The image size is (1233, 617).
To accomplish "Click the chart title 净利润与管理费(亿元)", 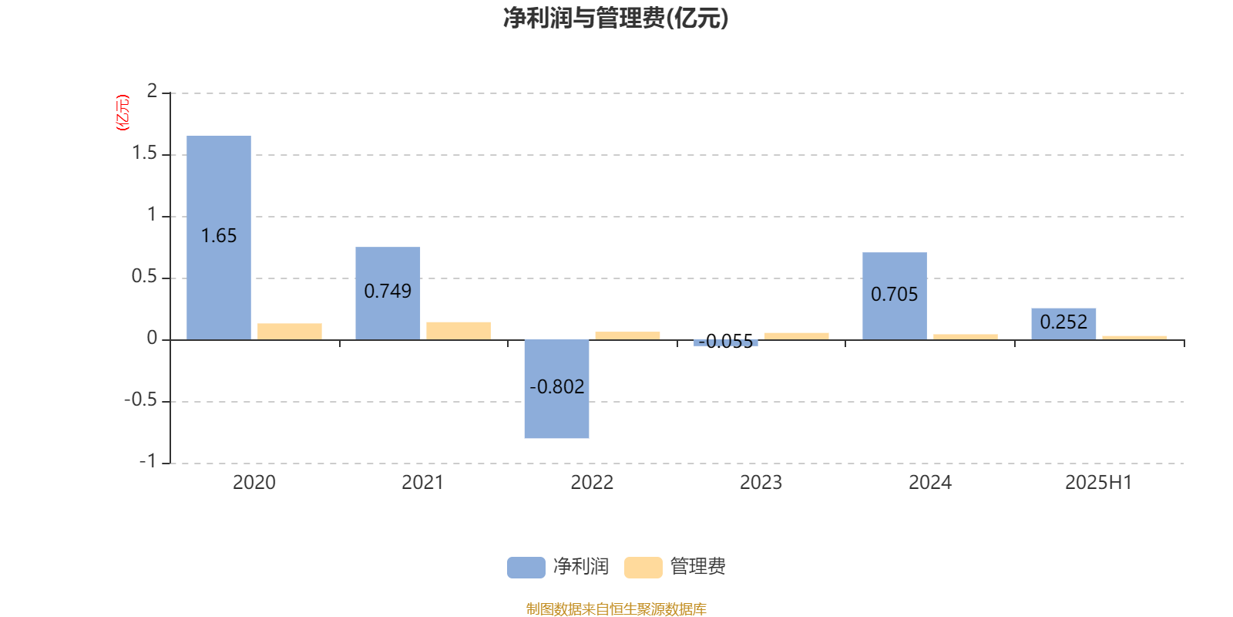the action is (616, 19).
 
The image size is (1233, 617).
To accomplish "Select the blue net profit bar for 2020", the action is (219, 238).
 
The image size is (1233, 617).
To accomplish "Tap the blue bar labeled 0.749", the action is (388, 293).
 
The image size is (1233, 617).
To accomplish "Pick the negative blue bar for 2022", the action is (556, 389).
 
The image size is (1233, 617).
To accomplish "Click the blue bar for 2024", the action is (895, 296).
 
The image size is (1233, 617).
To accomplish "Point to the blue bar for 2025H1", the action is (1063, 324).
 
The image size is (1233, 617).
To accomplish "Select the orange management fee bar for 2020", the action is (290, 332).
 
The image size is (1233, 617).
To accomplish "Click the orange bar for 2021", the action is (459, 331).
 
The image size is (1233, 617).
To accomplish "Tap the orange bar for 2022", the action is (627, 335).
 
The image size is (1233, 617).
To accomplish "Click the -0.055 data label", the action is (725, 342).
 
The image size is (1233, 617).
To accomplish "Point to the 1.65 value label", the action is (219, 236).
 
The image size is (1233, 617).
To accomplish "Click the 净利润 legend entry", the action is (558, 567).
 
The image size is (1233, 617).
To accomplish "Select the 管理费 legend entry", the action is (675, 567).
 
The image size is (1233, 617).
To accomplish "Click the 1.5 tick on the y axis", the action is (145, 153).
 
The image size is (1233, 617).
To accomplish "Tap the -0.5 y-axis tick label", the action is (141, 400).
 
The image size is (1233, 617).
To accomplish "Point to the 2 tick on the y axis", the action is (152, 91).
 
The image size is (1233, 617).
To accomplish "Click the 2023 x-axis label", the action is (761, 483).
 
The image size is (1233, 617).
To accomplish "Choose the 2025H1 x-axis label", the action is (1099, 483).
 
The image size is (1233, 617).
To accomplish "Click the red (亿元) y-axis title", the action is (123, 113).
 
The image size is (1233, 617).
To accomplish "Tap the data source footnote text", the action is (616, 609).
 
